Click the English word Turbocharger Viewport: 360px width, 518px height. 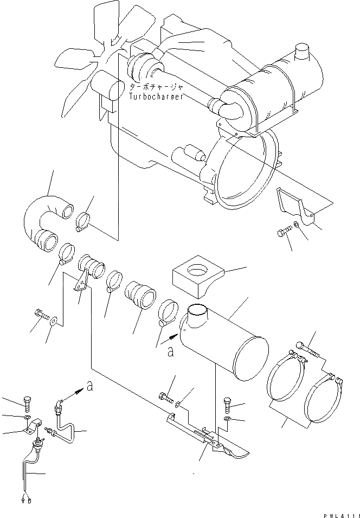point(156,96)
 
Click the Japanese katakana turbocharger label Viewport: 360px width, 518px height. point(156,87)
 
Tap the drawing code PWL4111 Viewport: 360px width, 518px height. point(337,512)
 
